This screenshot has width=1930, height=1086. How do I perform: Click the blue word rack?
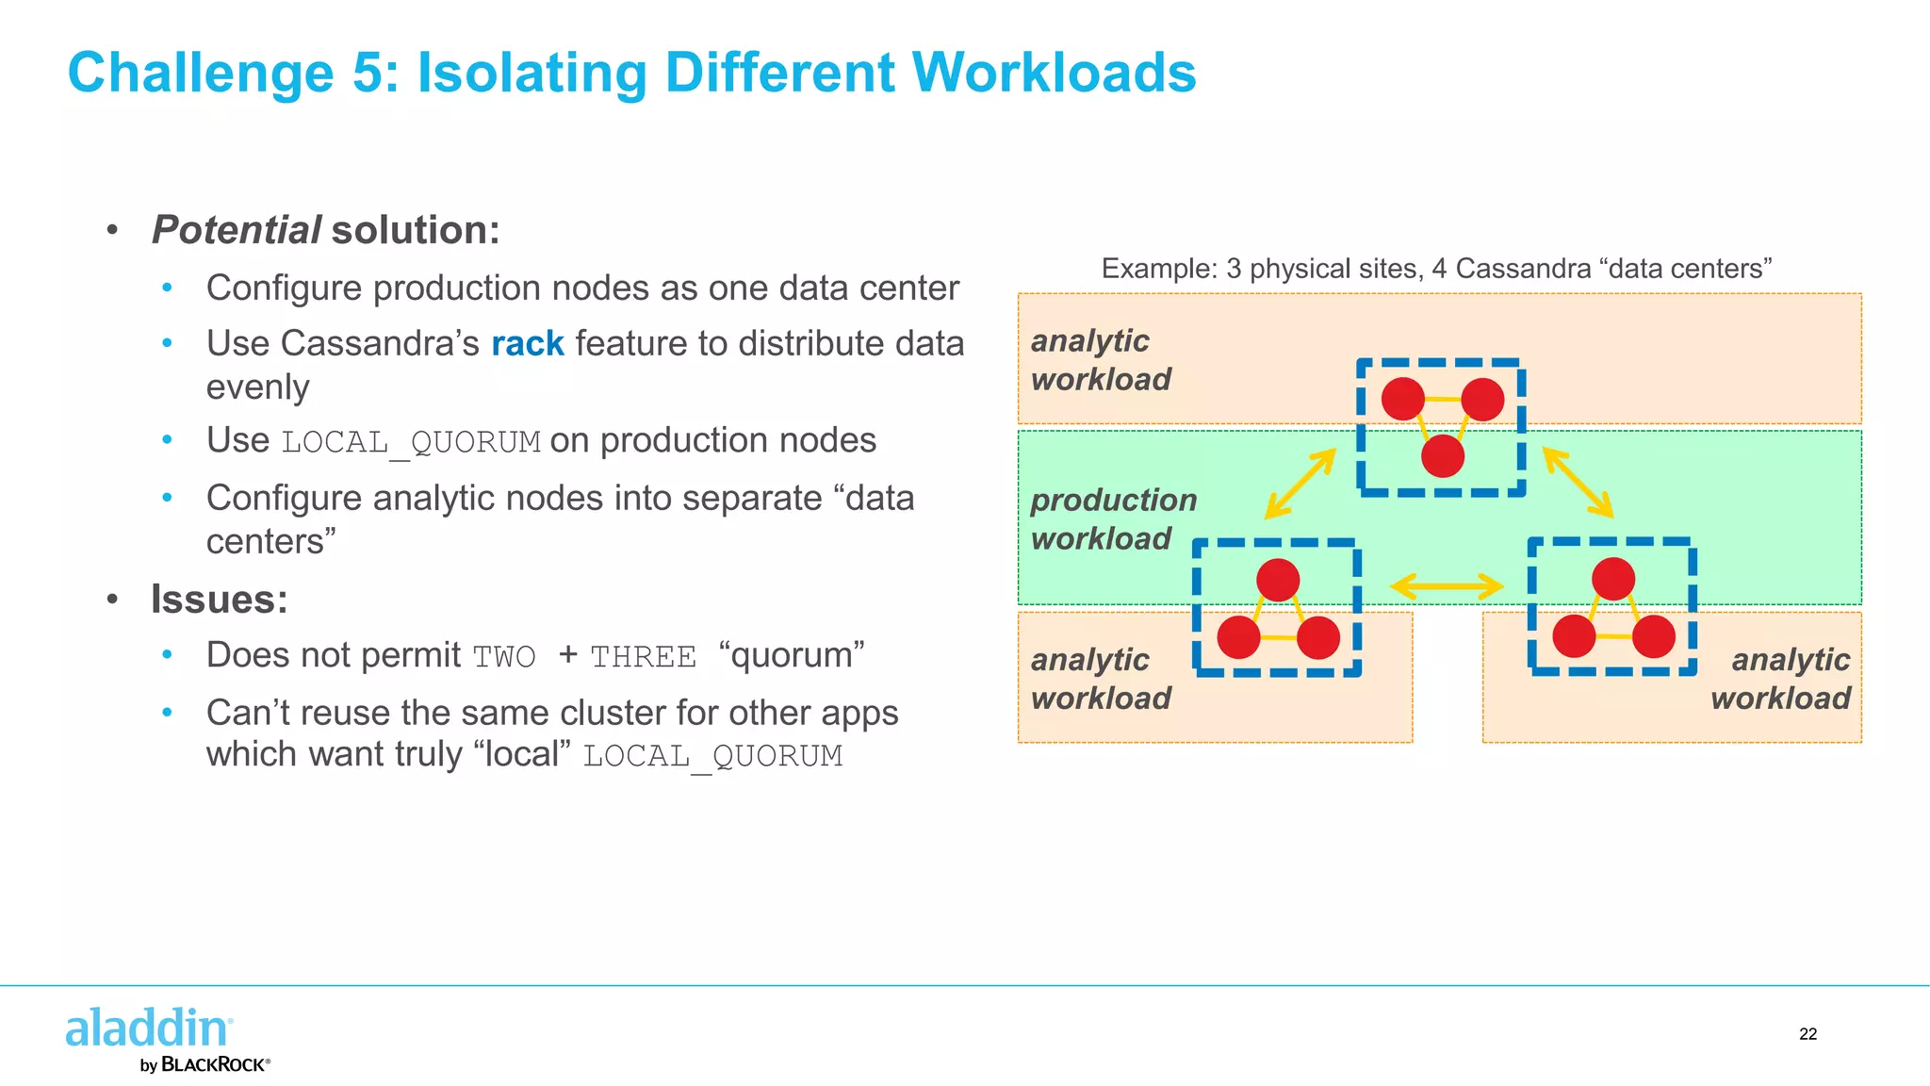pyautogui.click(x=527, y=344)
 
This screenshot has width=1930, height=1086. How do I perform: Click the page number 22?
pyautogui.click(x=1807, y=1034)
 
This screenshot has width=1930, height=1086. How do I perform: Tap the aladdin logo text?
pyautogui.click(x=147, y=1028)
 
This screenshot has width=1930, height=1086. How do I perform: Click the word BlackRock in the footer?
pyautogui.click(x=214, y=1064)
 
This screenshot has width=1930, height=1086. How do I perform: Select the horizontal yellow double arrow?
pyautogui.click(x=1447, y=586)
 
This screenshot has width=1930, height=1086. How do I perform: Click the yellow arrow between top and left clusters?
pyautogui.click(x=1300, y=484)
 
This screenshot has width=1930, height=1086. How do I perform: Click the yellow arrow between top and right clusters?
pyautogui.click(x=1578, y=483)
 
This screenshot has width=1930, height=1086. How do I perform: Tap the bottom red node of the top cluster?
pyautogui.click(x=1442, y=456)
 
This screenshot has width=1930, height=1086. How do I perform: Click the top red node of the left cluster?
pyautogui.click(x=1278, y=580)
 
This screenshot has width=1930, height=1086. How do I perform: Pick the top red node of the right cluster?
pyautogui.click(x=1612, y=579)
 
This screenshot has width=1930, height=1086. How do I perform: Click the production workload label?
pyautogui.click(x=1113, y=518)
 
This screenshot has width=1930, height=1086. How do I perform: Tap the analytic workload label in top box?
pyautogui.click(x=1100, y=359)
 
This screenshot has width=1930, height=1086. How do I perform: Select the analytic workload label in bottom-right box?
pyautogui.click(x=1780, y=679)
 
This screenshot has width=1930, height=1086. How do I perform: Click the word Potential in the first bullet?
pyautogui.click(x=237, y=230)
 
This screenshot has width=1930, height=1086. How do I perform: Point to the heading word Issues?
pyautogui.click(x=219, y=600)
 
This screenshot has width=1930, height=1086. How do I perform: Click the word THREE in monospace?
pyautogui.click(x=643, y=657)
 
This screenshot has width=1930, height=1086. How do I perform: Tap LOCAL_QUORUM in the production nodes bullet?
pyautogui.click(x=411, y=442)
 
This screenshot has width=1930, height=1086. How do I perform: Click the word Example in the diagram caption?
pyautogui.click(x=1146, y=269)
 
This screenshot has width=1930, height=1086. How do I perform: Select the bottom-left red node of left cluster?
pyautogui.click(x=1238, y=637)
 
